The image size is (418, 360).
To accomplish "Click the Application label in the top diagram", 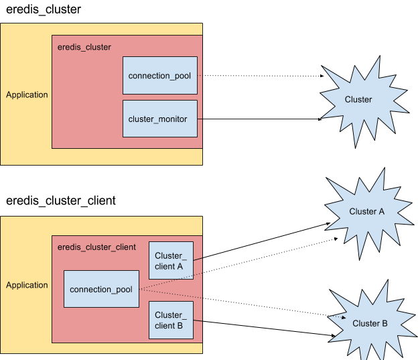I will (x=27, y=95).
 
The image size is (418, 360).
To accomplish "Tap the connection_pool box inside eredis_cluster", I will (x=159, y=76).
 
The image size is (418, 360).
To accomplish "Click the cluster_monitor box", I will (x=159, y=119).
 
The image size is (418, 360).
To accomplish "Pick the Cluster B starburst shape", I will (x=370, y=323).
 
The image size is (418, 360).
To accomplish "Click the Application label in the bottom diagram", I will (x=27, y=285).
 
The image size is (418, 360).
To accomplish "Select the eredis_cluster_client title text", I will (x=96, y=247).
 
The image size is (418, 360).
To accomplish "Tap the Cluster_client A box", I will (x=170, y=260).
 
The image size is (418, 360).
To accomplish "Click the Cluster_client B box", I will (x=170, y=320).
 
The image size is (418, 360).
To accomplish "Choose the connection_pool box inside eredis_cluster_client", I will (x=101, y=289).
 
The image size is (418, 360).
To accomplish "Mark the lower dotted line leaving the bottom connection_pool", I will (x=171, y=294).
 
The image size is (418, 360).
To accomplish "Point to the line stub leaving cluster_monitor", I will (x=200, y=119).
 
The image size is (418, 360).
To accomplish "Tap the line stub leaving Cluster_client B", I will (x=198, y=320).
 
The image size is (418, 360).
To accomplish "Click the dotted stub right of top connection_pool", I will (x=200, y=76).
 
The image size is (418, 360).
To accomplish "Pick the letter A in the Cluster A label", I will (x=381, y=211).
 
